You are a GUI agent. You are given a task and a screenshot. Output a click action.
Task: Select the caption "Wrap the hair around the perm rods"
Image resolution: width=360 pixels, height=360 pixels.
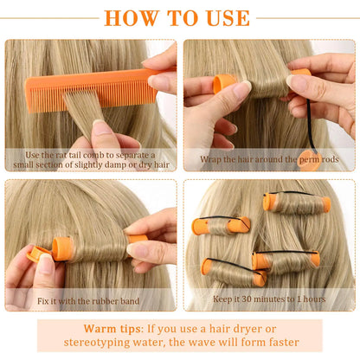point(268,159)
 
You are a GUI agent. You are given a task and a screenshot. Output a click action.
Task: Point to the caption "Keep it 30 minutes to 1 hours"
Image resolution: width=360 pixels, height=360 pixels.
point(268,299)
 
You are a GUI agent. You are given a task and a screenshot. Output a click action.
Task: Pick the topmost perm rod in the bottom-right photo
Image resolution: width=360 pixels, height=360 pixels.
point(297,203)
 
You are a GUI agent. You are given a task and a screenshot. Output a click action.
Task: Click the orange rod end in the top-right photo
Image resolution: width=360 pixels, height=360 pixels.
point(223,83)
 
